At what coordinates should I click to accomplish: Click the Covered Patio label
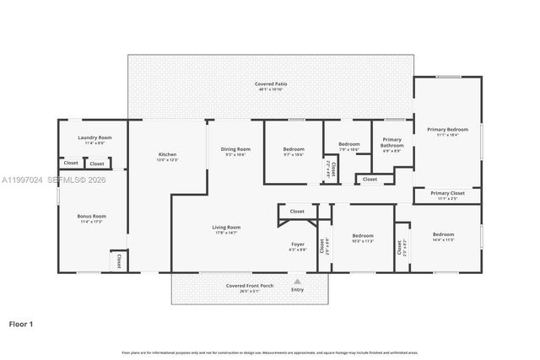point(270,84)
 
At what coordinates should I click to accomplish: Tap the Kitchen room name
point(168,154)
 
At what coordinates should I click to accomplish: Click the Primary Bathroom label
point(391,142)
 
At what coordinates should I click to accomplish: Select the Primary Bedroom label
point(447,129)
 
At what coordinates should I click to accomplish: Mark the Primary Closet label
point(447,193)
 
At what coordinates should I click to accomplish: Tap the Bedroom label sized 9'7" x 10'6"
point(294,149)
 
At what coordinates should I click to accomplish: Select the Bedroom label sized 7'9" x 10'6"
point(349,144)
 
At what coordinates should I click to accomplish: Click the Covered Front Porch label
point(248,286)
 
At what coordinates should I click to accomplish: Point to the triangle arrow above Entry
point(297,282)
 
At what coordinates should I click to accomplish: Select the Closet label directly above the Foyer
point(297,212)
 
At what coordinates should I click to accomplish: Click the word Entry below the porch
point(297,290)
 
